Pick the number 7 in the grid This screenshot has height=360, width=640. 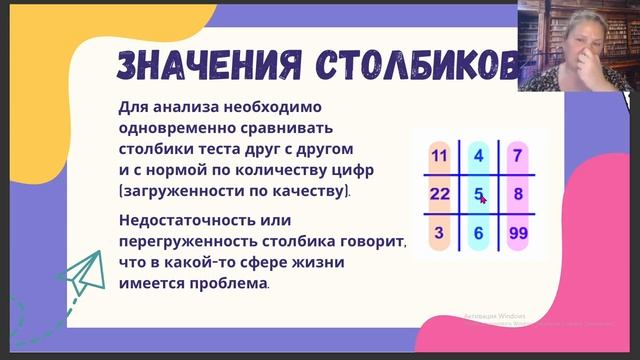click(x=516, y=155)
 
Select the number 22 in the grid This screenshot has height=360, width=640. click(x=439, y=194)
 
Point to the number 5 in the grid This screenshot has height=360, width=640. click(x=478, y=194)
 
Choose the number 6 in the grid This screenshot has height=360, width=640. click(x=478, y=233)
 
